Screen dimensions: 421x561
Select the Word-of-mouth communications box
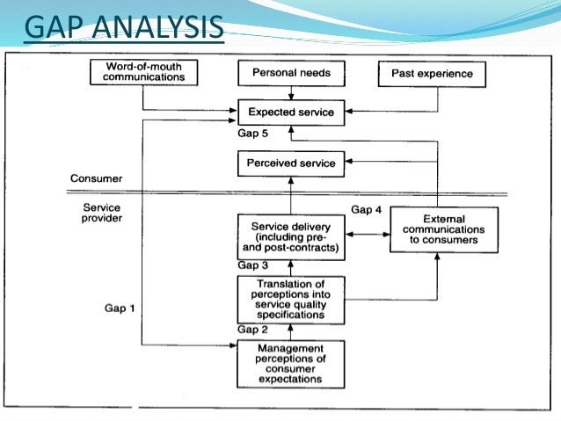(x=145, y=72)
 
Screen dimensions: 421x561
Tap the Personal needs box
(x=291, y=72)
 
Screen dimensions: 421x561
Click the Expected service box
(x=291, y=112)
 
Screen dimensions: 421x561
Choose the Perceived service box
(x=291, y=163)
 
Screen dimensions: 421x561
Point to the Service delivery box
(x=291, y=236)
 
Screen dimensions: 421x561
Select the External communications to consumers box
(x=443, y=229)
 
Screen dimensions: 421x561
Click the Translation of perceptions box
(x=291, y=299)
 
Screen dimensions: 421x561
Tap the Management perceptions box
(x=291, y=364)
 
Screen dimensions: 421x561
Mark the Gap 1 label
(x=120, y=308)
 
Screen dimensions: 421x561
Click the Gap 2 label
(x=251, y=330)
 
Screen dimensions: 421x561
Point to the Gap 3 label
(x=251, y=265)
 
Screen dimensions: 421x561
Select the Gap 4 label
(x=365, y=209)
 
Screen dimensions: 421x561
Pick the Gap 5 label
(x=251, y=133)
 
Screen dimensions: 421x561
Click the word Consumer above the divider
(x=98, y=178)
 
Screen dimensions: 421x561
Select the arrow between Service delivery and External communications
(x=367, y=235)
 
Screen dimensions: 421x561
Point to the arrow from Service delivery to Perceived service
(x=291, y=195)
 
